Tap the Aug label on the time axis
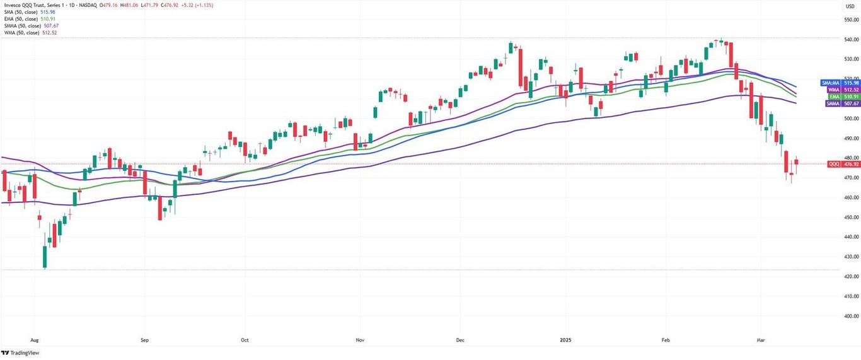click(x=34, y=339)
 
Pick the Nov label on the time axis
click(x=360, y=339)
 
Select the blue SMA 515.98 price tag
click(x=840, y=83)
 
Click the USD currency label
click(x=850, y=6)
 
